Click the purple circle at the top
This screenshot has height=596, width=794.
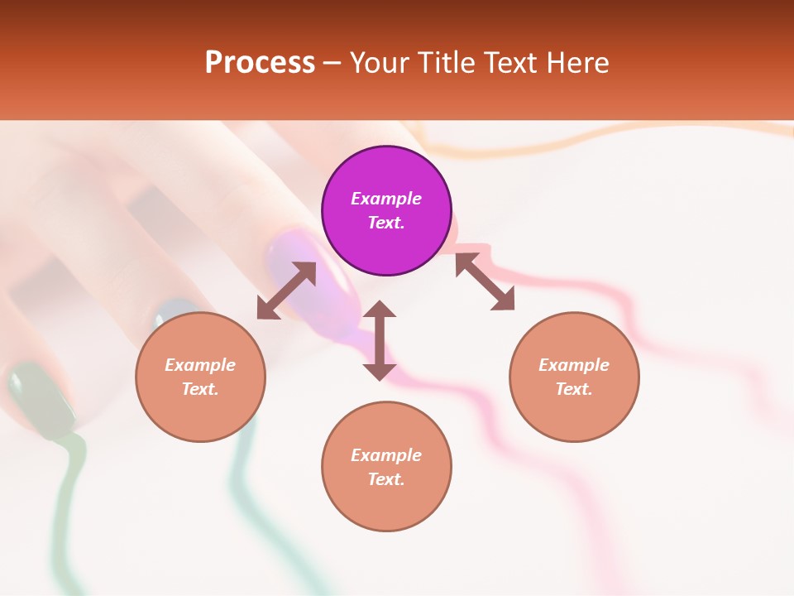pos(386,211)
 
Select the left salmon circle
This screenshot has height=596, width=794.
pos(200,377)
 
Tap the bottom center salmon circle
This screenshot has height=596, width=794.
pos(386,467)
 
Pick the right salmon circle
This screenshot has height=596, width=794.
pos(574,377)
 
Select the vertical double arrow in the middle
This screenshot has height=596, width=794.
pos(380,340)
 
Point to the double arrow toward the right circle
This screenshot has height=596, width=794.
pos(485,281)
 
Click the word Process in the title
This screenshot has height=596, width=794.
pos(260,62)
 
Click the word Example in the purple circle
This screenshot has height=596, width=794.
pos(386,199)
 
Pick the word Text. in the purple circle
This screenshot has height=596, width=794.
pos(386,223)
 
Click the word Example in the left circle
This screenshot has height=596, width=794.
pos(200,365)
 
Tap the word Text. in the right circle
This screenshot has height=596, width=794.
pos(574,389)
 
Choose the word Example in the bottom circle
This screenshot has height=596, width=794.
pos(386,455)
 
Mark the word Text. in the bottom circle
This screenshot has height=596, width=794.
pos(386,479)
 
